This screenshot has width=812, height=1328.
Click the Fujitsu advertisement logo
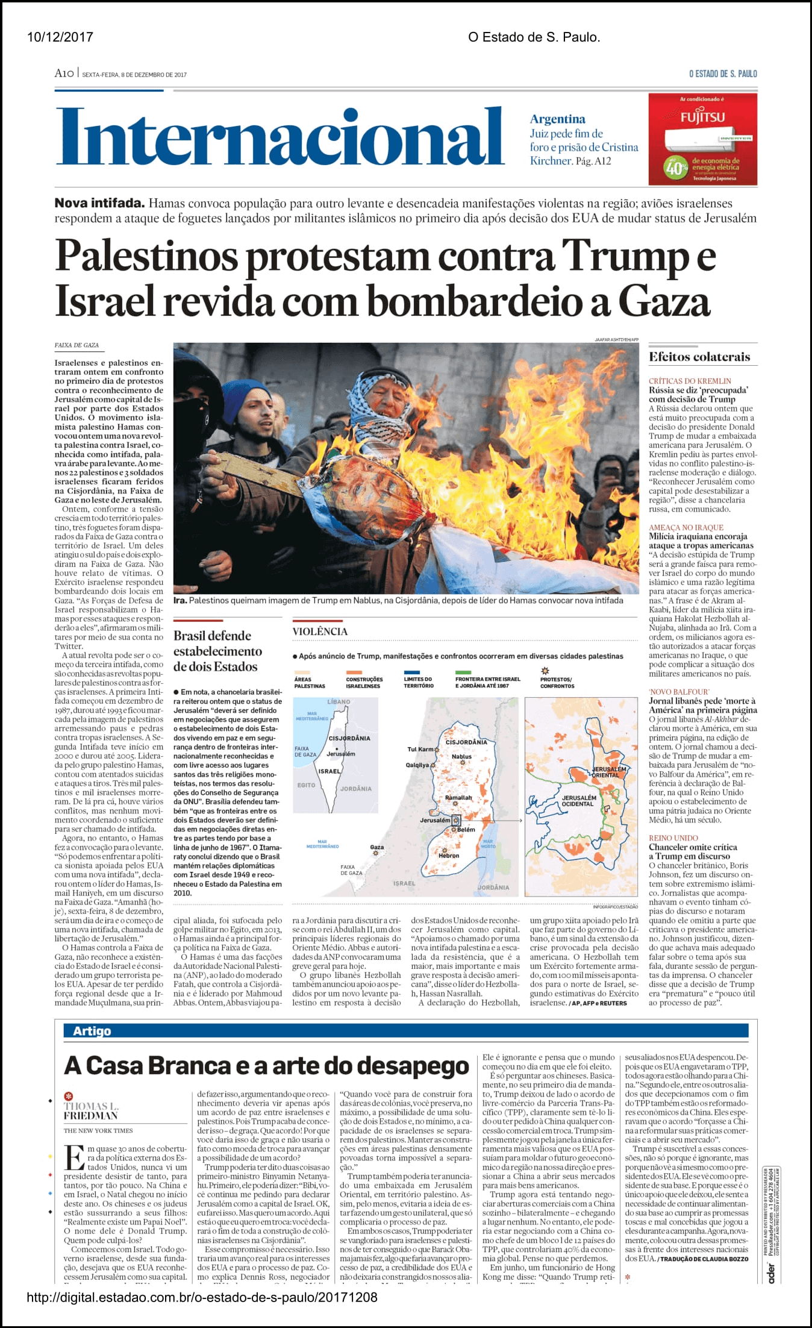pos(702,116)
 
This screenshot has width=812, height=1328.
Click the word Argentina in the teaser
pos(557,119)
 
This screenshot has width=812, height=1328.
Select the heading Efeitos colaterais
pos(699,357)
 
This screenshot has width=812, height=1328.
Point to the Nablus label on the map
pos(461,756)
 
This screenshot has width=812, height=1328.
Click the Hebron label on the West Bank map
pos(449,856)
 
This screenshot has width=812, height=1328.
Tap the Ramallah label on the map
pos(458,798)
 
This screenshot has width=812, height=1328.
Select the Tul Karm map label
pos(420,749)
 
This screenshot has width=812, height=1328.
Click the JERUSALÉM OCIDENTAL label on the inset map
pos(579,801)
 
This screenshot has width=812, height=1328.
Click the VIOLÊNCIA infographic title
pos(320,631)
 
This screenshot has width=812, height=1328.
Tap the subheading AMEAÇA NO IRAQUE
pos(686,527)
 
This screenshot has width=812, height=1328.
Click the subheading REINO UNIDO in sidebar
pos(673,838)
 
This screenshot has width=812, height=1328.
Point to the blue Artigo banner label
pos(92,1031)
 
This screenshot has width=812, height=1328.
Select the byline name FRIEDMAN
pos(90,1116)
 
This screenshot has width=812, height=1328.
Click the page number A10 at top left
pos(64,74)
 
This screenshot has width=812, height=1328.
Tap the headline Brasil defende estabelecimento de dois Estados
pos(217,651)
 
